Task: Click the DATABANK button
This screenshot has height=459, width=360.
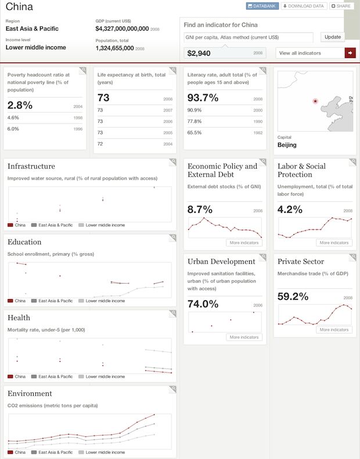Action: [x=261, y=6]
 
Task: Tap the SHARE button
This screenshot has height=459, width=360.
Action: [x=341, y=6]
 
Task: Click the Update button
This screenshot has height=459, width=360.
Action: [x=333, y=37]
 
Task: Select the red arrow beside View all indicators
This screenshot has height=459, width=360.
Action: [x=350, y=53]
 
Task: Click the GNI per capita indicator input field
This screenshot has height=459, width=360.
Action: [x=249, y=37]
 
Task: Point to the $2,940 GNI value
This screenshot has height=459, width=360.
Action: [x=199, y=53]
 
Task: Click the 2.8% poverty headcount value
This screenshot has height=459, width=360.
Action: [x=20, y=105]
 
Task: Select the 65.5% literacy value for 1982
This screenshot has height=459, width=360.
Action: [x=195, y=133]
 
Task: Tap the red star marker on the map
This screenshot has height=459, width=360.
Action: [x=315, y=101]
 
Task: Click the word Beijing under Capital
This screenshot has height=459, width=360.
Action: [x=287, y=144]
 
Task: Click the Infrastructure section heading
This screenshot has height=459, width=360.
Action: [x=31, y=167]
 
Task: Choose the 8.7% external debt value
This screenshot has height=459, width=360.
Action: [x=200, y=209]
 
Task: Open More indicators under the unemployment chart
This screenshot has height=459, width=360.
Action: [x=333, y=243]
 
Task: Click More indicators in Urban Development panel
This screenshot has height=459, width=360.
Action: [x=243, y=337]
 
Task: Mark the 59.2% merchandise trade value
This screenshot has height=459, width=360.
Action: [x=293, y=297]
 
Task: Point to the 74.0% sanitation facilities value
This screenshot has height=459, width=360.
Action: [x=203, y=303]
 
